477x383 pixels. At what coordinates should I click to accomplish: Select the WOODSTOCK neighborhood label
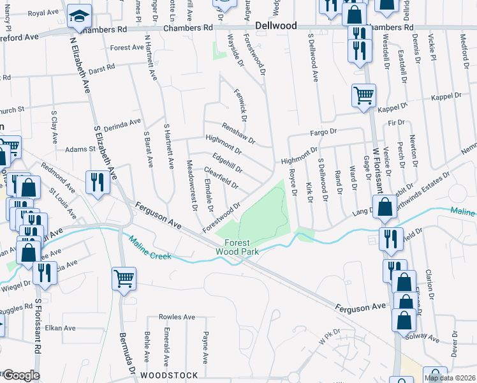(169, 375)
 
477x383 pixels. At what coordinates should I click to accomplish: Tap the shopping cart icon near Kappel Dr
(363, 96)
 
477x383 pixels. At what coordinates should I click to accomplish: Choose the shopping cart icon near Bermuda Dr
(124, 278)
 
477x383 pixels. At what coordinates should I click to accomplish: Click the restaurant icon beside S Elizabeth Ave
(98, 183)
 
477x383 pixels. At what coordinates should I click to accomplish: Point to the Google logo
(20, 375)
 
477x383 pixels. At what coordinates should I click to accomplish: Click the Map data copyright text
(450, 378)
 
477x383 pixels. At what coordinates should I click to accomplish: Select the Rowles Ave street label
(177, 317)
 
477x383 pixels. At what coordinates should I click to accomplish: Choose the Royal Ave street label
(43, 13)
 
